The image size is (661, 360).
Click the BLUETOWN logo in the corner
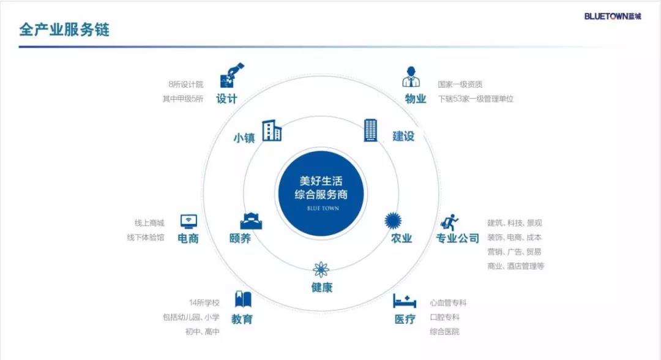pos(613,16)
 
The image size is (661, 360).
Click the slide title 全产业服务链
pos(64,29)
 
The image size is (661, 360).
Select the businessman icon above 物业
pos(411,77)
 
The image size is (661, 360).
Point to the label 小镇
pos(244,138)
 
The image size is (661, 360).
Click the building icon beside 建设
pos(370,130)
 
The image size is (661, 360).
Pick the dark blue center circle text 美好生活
pos(321,181)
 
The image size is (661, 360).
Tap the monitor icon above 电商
pos(189,221)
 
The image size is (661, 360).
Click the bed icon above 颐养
pos(251,220)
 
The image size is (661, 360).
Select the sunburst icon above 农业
pos(393,220)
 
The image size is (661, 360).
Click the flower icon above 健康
pos(321,269)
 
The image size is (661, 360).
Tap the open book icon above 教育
pos(243,299)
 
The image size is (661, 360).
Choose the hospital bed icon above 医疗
pos(405,301)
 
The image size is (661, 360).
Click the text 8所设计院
pos(186,84)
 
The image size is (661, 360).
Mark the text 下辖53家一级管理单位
pos(476,99)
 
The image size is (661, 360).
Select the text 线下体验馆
pos(146,238)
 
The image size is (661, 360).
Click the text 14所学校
pos(204,302)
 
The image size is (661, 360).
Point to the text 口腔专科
pos(444,317)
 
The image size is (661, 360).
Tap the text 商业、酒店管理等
pos(515,266)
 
